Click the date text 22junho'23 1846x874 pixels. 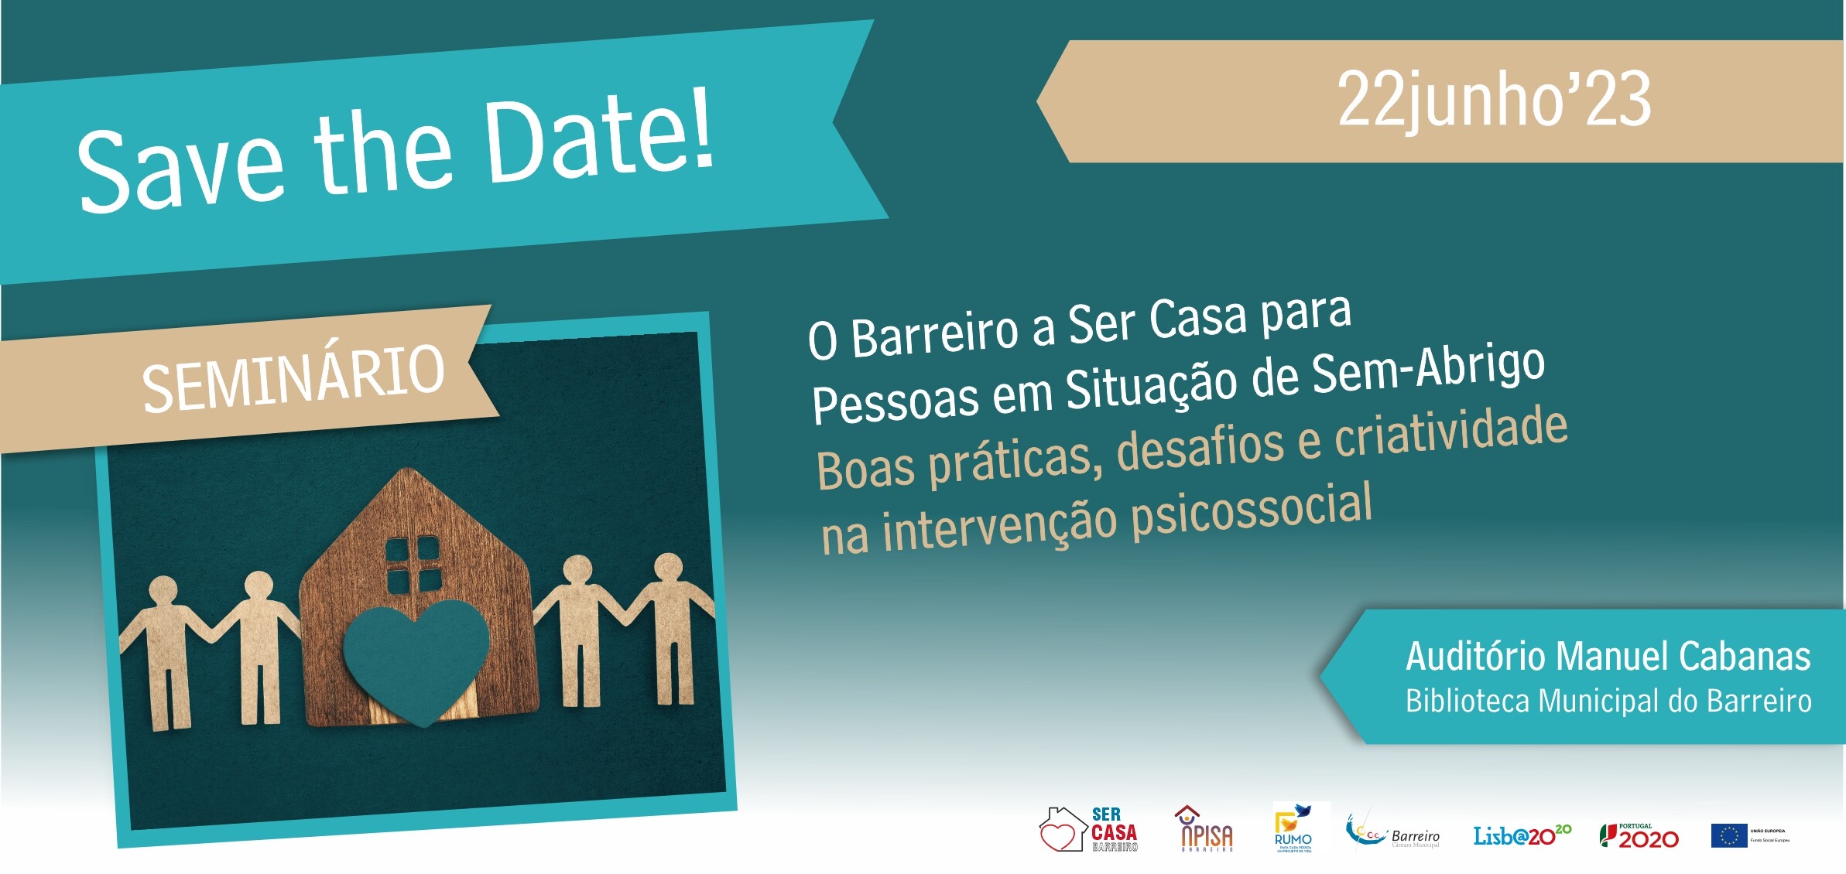click(1494, 101)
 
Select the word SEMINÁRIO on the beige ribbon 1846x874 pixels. click(293, 379)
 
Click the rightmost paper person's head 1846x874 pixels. click(668, 568)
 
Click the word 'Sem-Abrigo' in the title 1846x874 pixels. click(1428, 369)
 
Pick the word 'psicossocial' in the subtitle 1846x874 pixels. click(1252, 510)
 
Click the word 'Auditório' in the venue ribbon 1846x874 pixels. click(1477, 657)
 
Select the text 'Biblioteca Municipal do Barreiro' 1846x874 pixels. click(1608, 702)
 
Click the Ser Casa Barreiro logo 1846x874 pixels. click(1088, 830)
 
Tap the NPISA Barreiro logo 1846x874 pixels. click(1206, 829)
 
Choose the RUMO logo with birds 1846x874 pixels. click(1293, 828)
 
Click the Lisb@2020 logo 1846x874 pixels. click(1521, 835)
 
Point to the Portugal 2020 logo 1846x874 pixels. click(1639, 836)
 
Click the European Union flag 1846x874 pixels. click(1728, 836)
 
